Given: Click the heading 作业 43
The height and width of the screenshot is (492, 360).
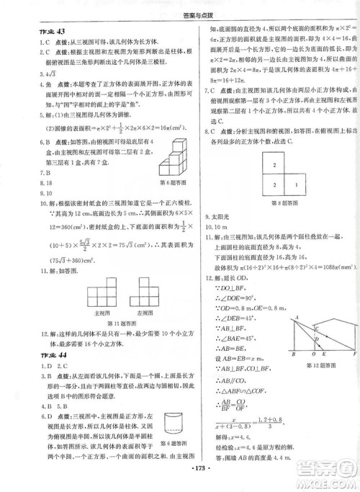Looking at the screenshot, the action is coord(35,31).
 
